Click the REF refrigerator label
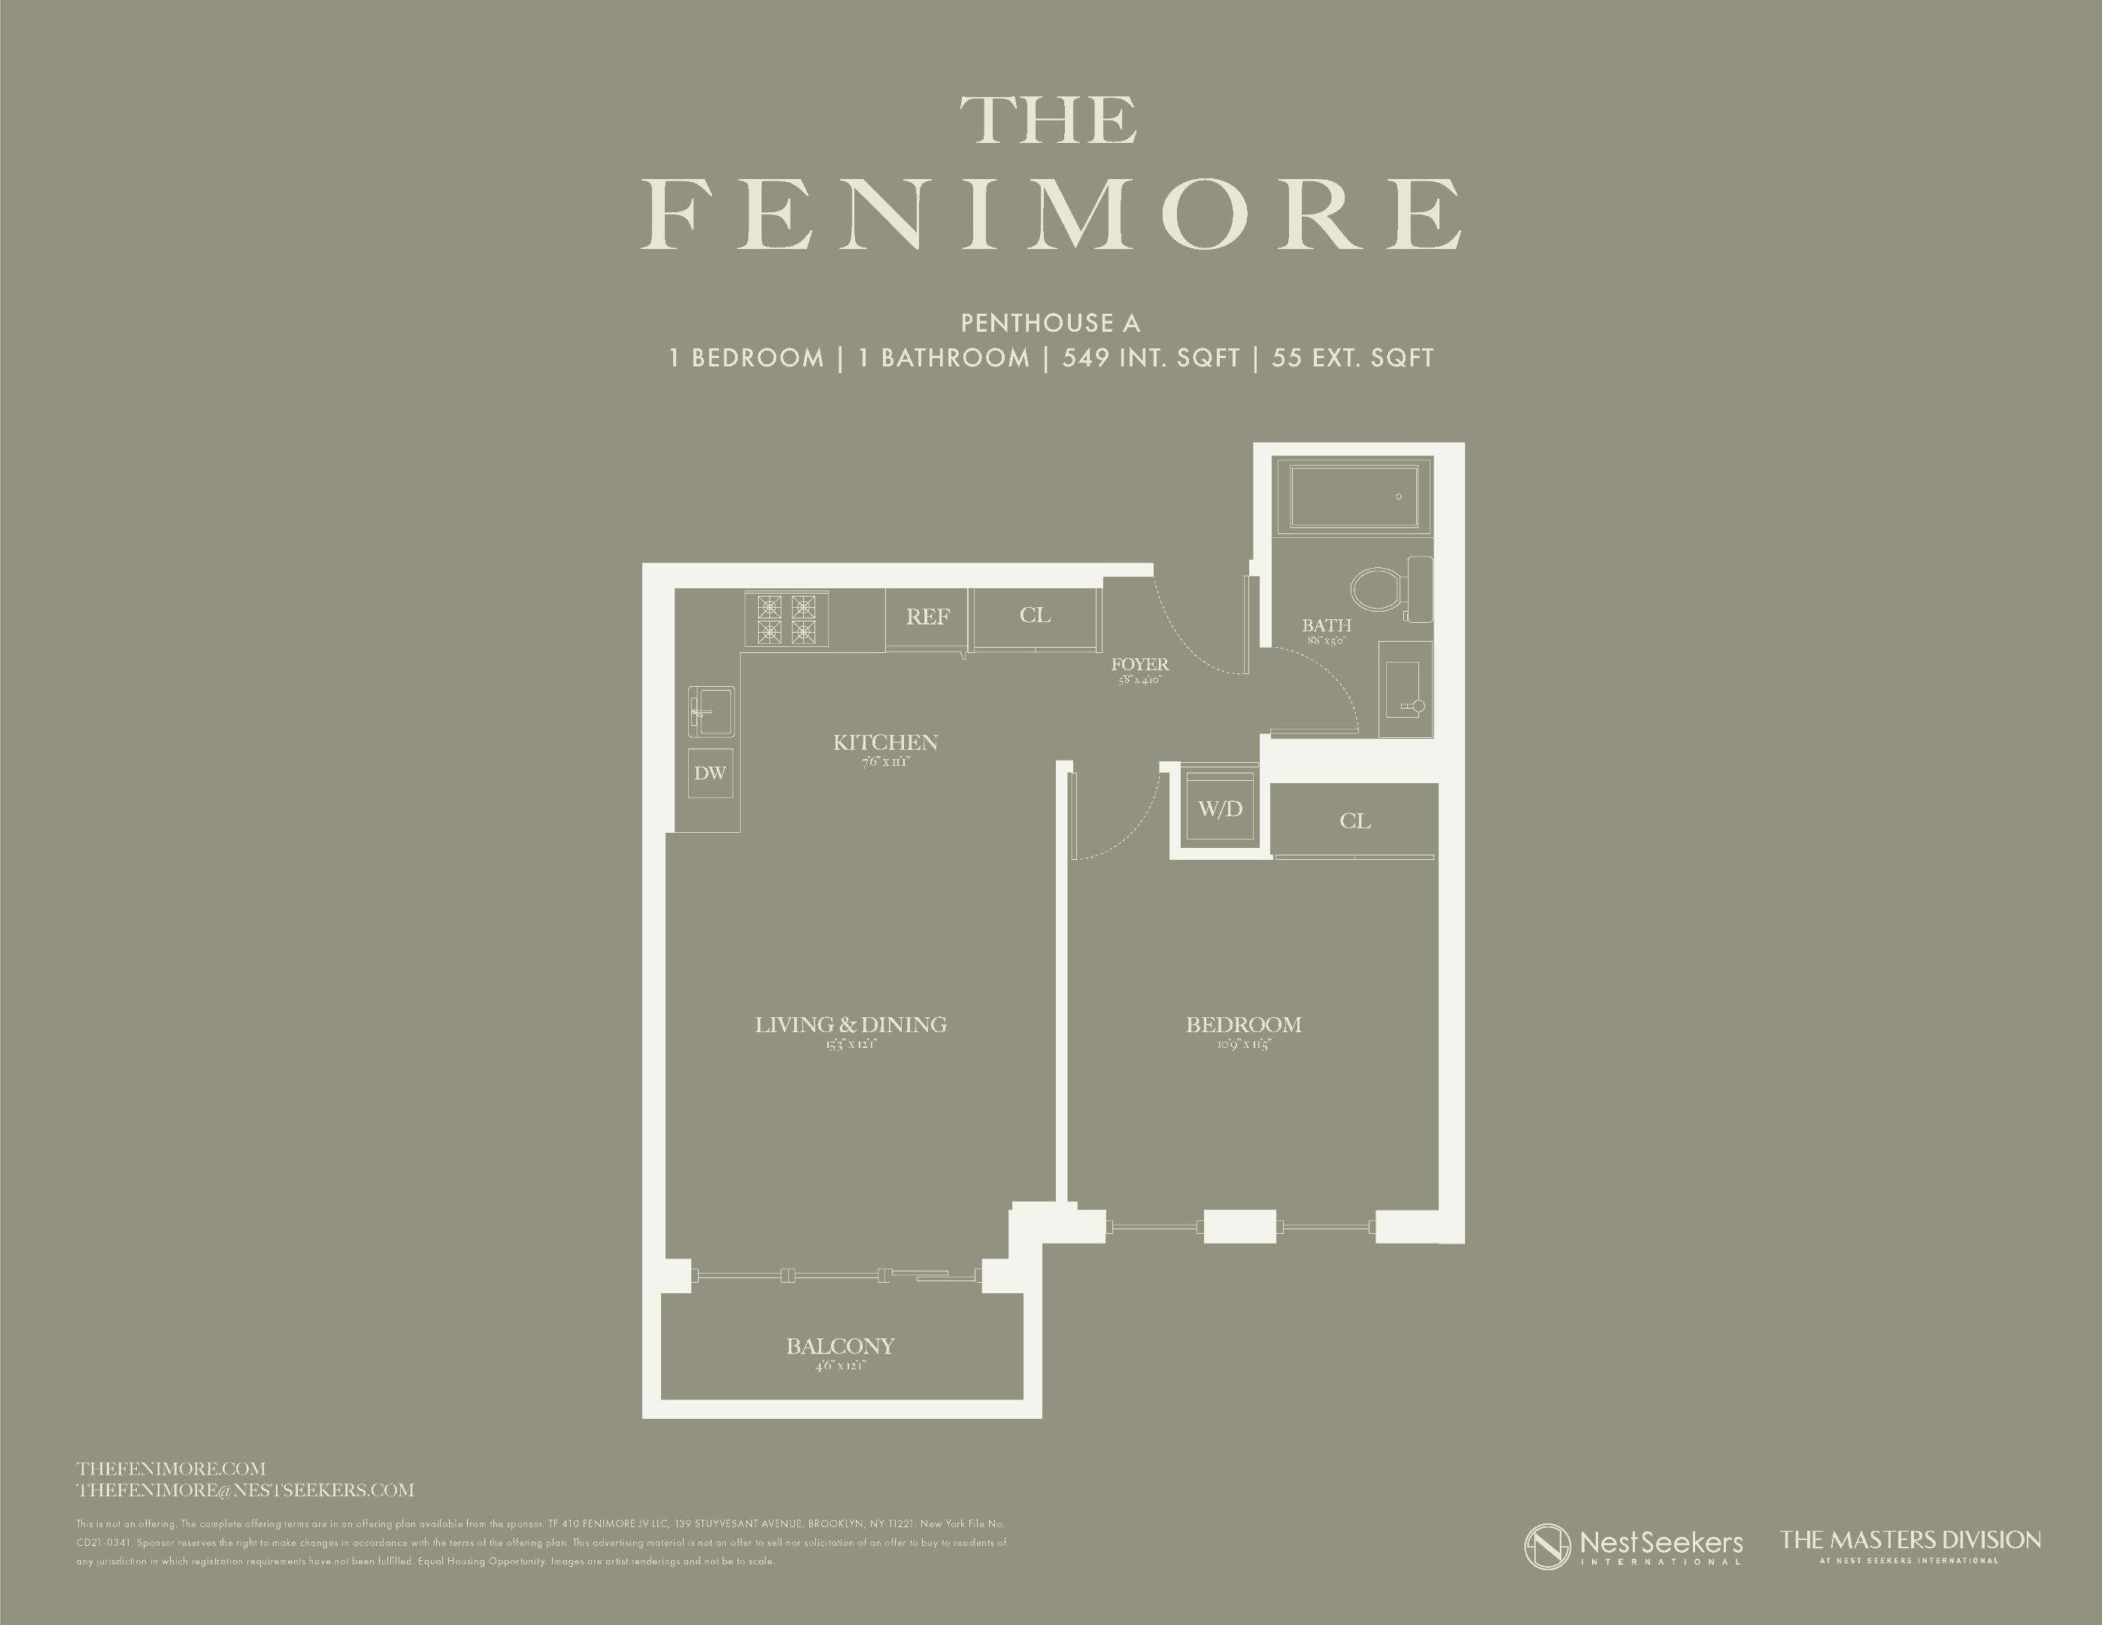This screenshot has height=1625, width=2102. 927,617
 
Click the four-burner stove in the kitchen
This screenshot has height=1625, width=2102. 785,619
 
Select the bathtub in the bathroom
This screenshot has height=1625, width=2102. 1351,497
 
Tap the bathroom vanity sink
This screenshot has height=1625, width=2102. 1404,689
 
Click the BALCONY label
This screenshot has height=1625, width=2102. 840,1346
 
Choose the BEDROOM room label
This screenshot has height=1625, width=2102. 1242,1025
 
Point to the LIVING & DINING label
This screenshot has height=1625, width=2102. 850,1025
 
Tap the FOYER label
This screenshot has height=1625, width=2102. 1139,664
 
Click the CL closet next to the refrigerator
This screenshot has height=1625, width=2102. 1035,615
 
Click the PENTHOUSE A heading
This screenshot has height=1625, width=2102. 1050,323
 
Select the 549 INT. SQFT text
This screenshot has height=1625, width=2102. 1150,358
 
